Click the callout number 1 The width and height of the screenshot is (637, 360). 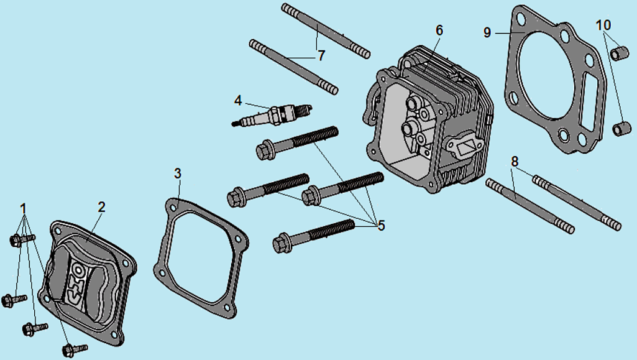tap(24, 209)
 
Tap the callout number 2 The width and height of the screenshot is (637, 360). tap(101, 207)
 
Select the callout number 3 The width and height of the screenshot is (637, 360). tap(178, 173)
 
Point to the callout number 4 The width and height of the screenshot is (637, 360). tap(238, 100)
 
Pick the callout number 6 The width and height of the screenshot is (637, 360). tap(439, 30)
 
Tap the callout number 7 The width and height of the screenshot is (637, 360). tap(321, 56)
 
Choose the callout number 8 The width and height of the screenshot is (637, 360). tap(515, 162)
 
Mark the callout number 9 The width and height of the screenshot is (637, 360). tap(487, 32)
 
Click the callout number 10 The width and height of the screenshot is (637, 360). tap(603, 25)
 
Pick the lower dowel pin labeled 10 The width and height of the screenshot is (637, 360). tap(622, 128)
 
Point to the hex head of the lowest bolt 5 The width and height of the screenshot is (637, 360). tap(281, 244)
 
